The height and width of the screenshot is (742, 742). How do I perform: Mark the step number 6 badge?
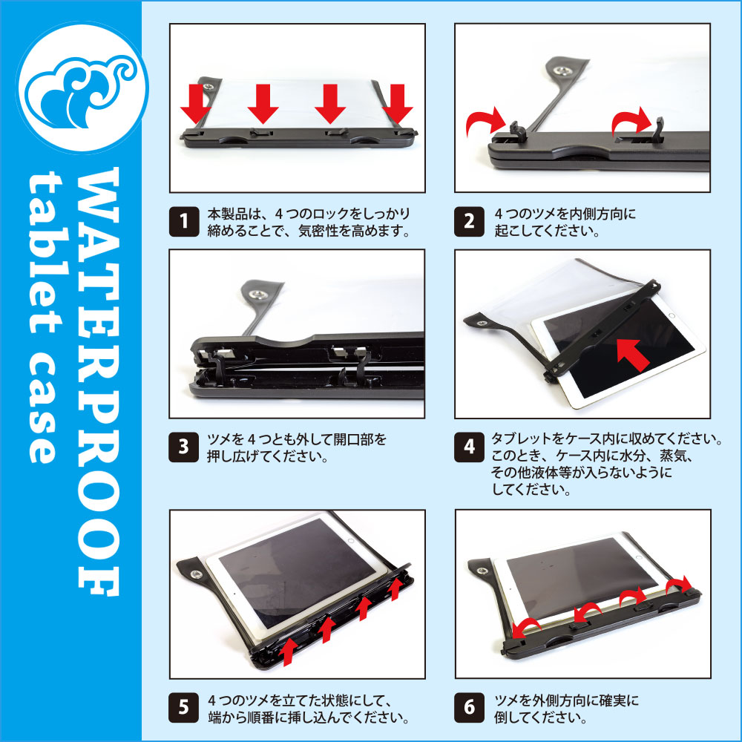pyautogui.click(x=469, y=708)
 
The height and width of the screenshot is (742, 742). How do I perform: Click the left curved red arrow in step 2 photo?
pyautogui.click(x=483, y=122)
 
